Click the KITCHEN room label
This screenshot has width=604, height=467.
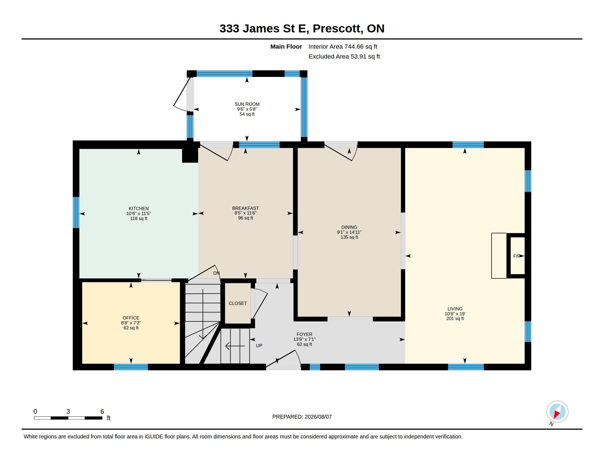tap(139, 208)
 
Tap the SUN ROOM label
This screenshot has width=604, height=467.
tap(247, 104)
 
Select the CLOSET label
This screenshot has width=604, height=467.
tap(238, 303)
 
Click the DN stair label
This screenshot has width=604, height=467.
tap(216, 273)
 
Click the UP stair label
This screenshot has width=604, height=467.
tap(259, 346)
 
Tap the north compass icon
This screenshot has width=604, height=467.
tap(557, 412)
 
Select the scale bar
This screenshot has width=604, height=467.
tap(68, 418)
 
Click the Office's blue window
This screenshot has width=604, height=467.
tap(131, 367)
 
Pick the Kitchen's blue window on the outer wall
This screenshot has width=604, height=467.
tap(76, 212)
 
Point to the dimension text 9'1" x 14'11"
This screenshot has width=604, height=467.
tap(349, 232)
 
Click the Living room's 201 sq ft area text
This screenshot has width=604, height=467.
tap(455, 318)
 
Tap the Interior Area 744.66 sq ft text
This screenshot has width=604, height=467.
tap(343, 46)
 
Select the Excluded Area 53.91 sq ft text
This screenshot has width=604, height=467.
tap(344, 56)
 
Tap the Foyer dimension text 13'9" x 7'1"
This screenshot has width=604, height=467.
tap(304, 339)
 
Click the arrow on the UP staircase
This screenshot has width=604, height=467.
tap(235, 346)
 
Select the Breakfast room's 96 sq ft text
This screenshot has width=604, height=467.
tap(246, 218)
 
